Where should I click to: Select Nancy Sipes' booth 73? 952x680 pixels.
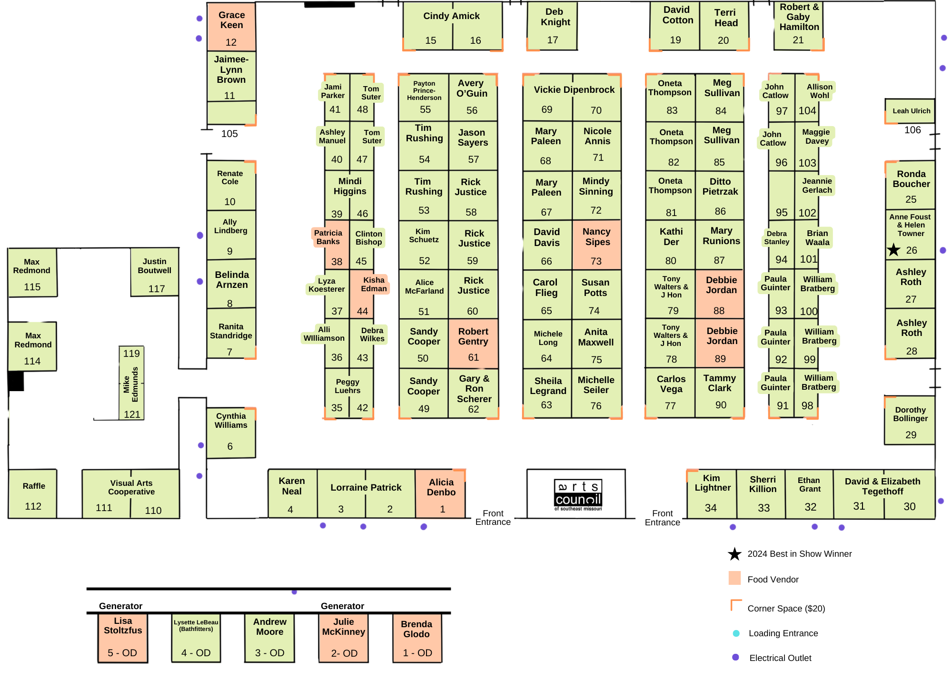click(596, 245)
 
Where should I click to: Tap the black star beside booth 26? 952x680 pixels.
click(893, 249)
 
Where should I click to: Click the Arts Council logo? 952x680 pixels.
click(578, 494)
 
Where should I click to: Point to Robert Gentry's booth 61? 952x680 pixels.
click(473, 343)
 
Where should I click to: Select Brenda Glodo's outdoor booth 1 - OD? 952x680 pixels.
click(417, 638)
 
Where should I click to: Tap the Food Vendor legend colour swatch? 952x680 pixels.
click(734, 578)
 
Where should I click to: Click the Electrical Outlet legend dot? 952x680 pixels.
click(735, 657)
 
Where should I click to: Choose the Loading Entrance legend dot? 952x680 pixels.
click(736, 633)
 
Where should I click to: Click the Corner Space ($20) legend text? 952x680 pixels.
click(786, 608)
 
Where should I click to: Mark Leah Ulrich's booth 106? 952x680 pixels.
click(910, 111)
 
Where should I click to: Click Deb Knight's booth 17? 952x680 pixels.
click(553, 26)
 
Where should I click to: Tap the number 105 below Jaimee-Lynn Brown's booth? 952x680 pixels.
click(229, 134)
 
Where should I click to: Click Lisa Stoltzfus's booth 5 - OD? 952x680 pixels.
click(123, 638)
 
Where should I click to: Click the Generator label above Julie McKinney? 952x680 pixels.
click(342, 606)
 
